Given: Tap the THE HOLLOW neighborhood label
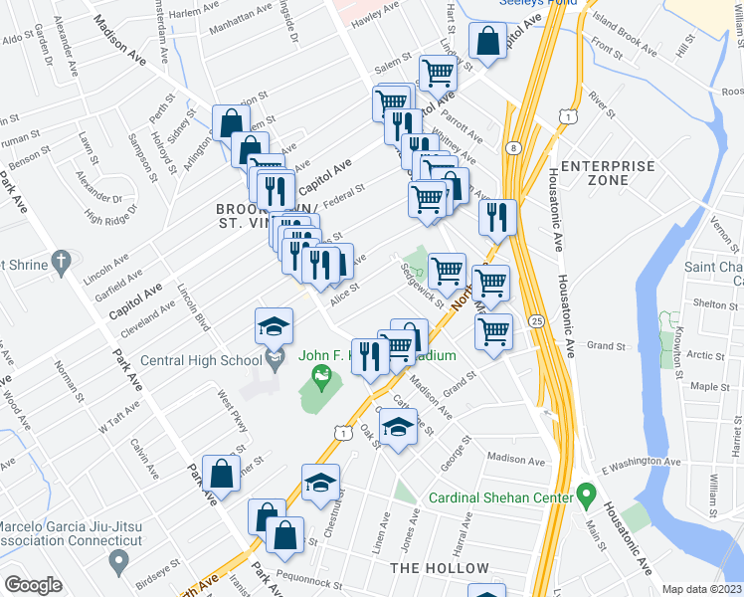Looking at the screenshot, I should pos(440,568).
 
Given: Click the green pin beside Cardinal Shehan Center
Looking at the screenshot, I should pos(587,494).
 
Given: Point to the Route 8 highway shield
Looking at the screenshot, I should pos(511,147).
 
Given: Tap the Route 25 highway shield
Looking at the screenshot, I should pos(536,321).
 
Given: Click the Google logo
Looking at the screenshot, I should pos(33,585).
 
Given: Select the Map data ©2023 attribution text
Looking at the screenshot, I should pos(701,589).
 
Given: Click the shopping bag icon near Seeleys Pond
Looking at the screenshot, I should pos(487,43).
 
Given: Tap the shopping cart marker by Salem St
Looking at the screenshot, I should pos(438,72).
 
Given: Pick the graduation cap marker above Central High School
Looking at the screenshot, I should pos(273,325).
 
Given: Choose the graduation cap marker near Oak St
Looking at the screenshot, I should pos(399,427).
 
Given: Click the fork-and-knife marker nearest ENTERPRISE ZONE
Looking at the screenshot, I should pos(497,216).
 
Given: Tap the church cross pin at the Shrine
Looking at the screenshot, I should pos(62,264).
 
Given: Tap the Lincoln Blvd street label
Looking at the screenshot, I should pos(194,308).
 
